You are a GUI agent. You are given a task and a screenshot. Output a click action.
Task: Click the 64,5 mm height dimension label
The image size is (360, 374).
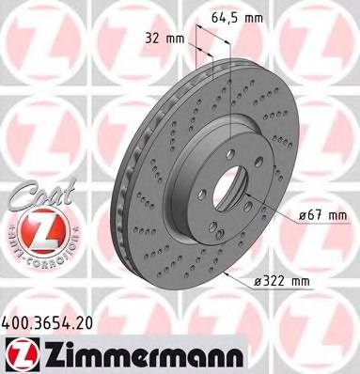pos(231,16)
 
